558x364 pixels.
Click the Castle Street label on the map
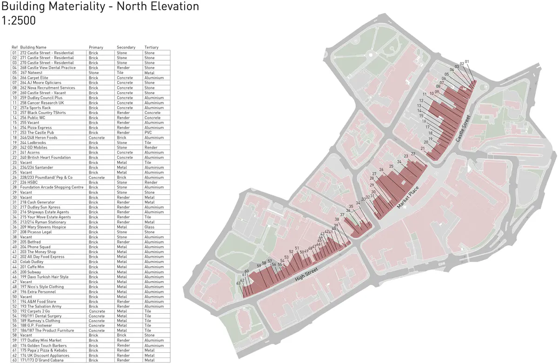pos(463,128)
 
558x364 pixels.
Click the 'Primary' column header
pos(96,47)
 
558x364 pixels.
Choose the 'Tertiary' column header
pos(151,47)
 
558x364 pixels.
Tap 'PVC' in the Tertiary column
pos(148,133)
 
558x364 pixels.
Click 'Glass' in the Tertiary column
pos(149,227)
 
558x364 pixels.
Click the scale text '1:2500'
pos(19,21)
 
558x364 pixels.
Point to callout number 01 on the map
pos(467,61)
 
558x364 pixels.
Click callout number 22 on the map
pos(413,154)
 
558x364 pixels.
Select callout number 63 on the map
pos(239,283)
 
